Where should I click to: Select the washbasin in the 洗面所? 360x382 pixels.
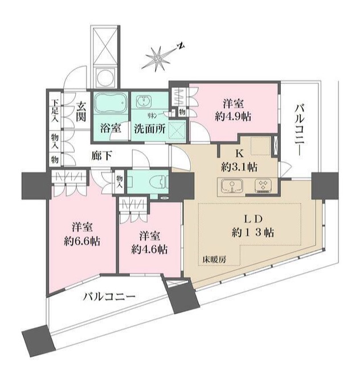145,102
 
